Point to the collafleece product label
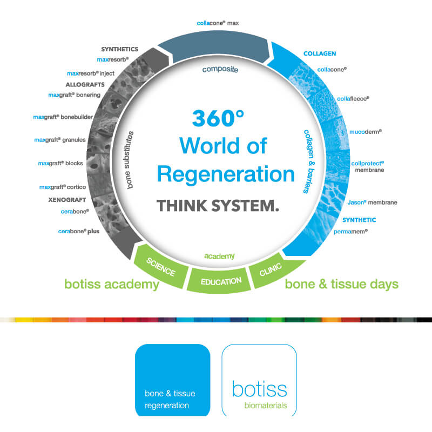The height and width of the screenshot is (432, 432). [x=351, y=99]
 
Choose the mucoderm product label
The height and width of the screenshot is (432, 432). [x=365, y=131]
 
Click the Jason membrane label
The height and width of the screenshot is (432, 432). [x=373, y=202]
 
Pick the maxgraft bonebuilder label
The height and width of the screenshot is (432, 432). [x=64, y=117]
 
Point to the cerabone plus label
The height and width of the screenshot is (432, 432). [x=79, y=231]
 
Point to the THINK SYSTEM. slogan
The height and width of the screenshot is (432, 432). [x=218, y=206]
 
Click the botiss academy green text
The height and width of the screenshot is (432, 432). [x=112, y=284]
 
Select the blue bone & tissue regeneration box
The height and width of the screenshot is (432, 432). [x=172, y=380]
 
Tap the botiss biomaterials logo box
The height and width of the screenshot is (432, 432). [x=259, y=380]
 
